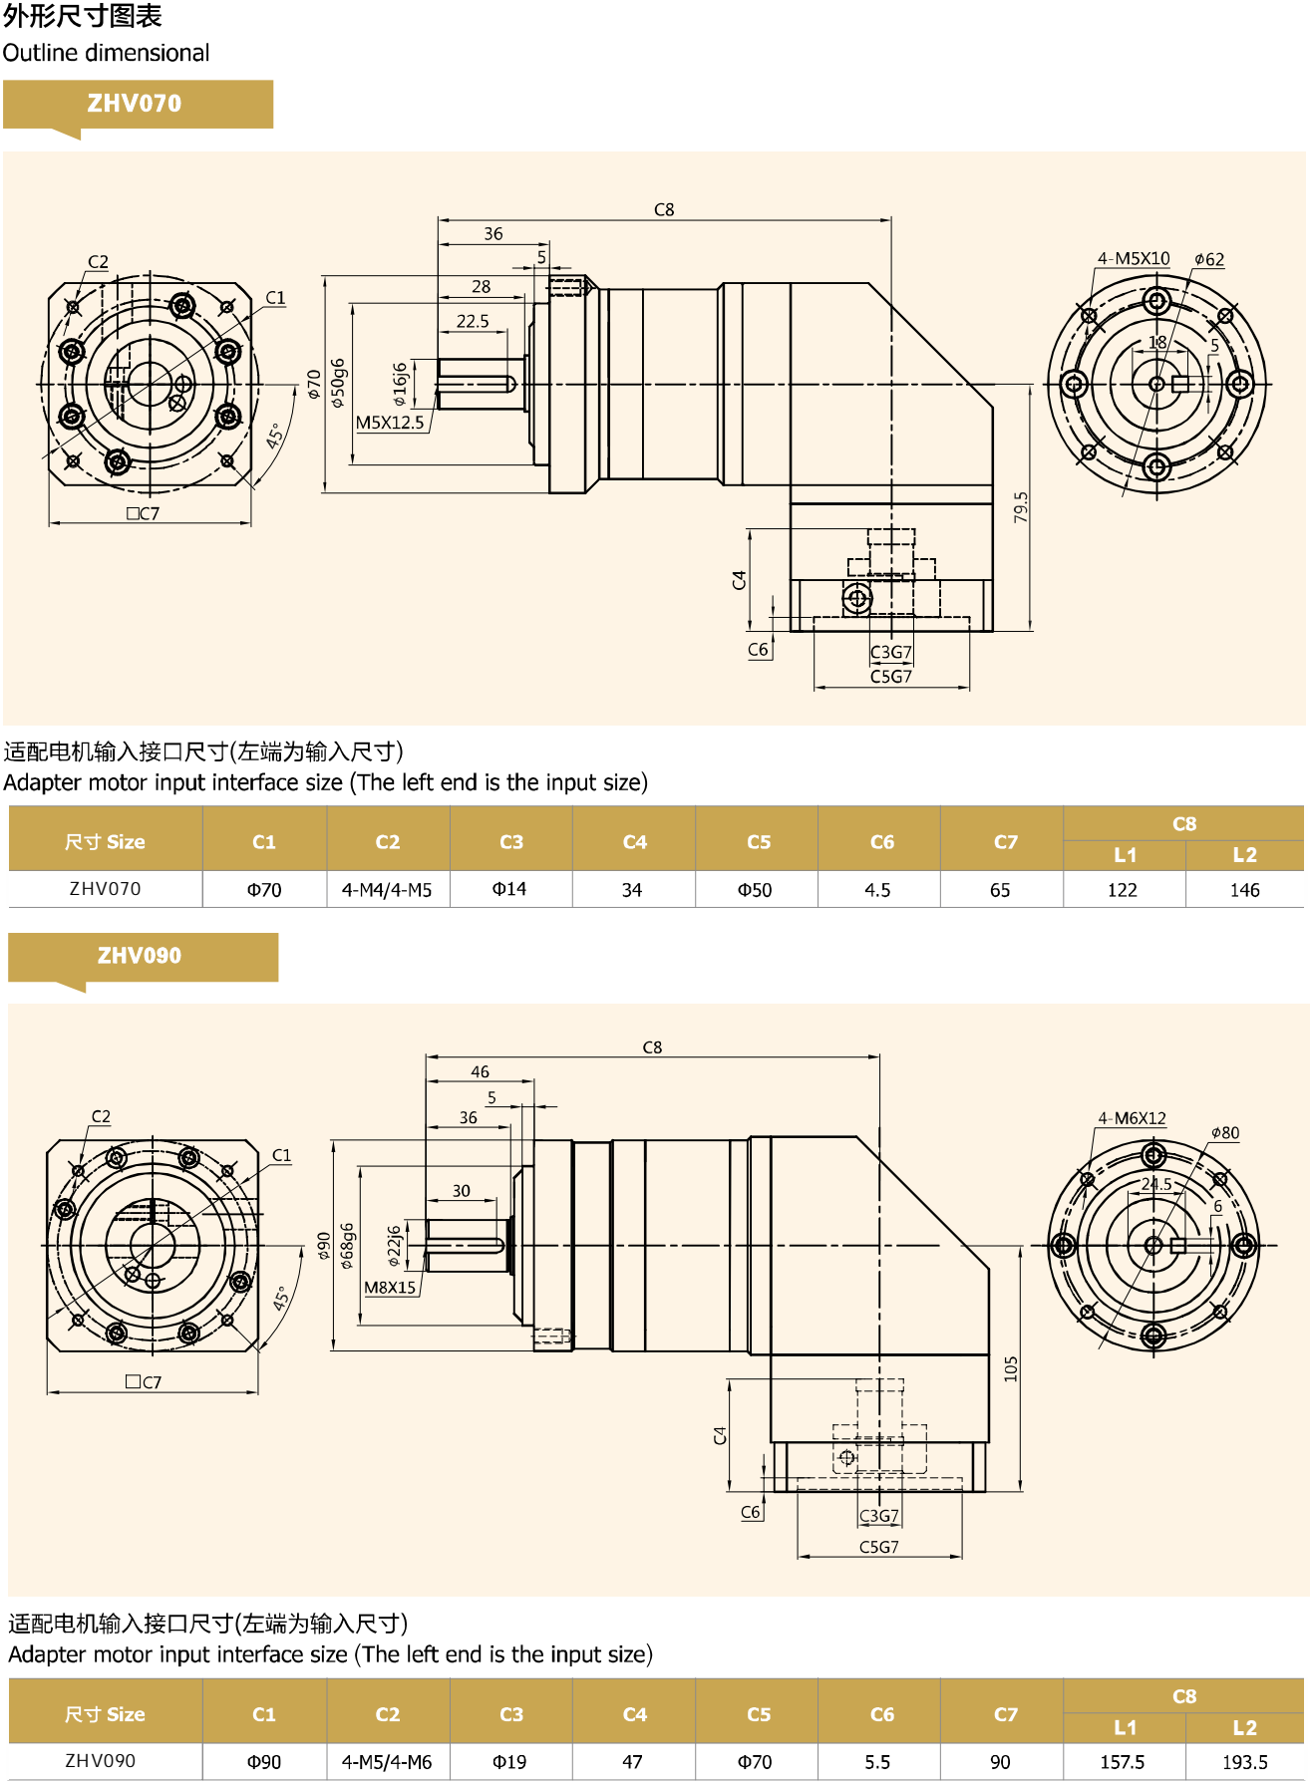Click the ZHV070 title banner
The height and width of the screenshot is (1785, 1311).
tap(135, 104)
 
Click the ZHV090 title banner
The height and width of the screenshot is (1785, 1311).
tap(140, 956)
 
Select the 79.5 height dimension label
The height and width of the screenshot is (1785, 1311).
tap(1020, 507)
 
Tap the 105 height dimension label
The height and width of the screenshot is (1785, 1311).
tap(1011, 1368)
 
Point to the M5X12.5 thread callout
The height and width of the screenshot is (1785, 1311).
tap(390, 423)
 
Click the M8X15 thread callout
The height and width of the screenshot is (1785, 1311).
tap(390, 1288)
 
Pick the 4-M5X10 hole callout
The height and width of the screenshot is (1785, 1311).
tap(1134, 259)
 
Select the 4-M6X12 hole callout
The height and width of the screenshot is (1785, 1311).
tap(1132, 1118)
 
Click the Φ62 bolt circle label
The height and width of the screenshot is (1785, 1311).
tap(1209, 260)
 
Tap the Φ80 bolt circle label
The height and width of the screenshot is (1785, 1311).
tap(1225, 1133)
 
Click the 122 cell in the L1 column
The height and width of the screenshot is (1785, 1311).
tap(1123, 890)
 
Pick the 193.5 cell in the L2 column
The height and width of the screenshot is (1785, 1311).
tap(1245, 1762)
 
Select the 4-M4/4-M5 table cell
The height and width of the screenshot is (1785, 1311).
tap(387, 890)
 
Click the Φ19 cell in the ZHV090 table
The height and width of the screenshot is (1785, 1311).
tap(509, 1762)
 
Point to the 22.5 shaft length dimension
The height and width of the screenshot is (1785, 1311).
tap(473, 321)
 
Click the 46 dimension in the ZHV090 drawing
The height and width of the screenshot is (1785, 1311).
tap(480, 1072)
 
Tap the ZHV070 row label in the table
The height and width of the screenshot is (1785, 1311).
tap(105, 889)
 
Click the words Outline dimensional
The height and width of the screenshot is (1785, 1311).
tap(106, 53)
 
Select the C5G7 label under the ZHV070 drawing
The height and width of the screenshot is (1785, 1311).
tap(891, 677)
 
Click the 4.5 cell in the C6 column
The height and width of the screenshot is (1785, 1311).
tap(877, 890)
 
